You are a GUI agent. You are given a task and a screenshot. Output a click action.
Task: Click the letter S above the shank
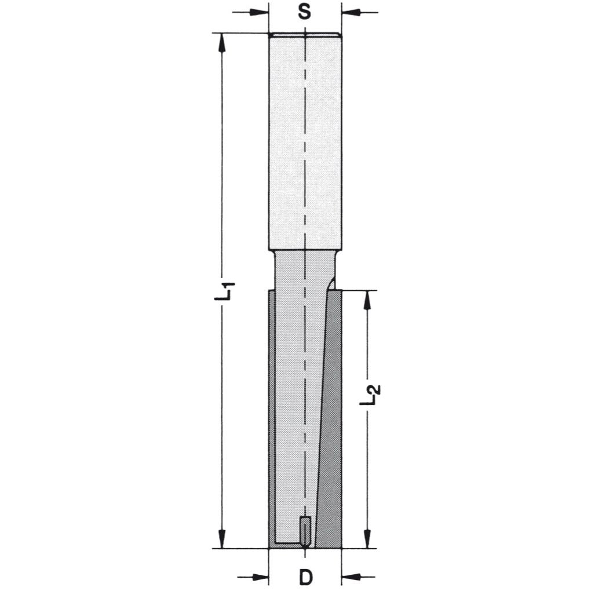click(x=305, y=12)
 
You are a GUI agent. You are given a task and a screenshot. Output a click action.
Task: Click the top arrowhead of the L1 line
click(x=222, y=41)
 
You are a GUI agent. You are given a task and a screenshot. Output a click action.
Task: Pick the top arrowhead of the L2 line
click(x=367, y=298)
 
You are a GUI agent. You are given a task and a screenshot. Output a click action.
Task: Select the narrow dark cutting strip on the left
click(x=272, y=417)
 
